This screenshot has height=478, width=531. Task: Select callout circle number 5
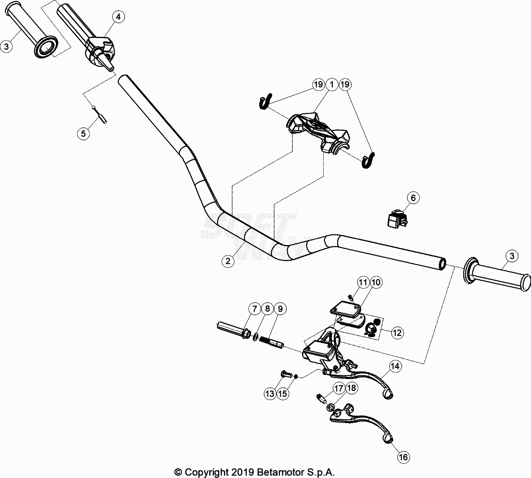83,134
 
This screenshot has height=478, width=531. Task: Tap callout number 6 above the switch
413,198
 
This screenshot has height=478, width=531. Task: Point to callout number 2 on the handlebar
228,261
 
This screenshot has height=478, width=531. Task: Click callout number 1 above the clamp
332,84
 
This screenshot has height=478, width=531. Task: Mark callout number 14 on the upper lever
395,366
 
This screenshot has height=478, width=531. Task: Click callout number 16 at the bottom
403,457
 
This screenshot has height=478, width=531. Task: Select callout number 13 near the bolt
270,393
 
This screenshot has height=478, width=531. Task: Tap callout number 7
254,309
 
